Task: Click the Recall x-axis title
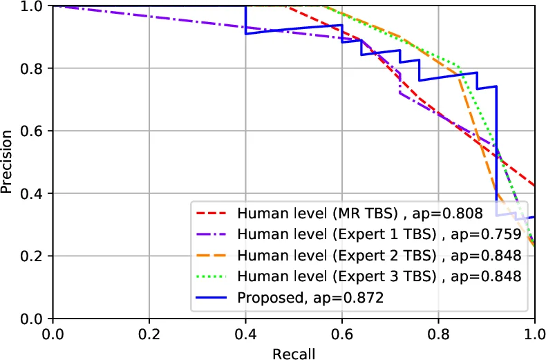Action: (x=293, y=353)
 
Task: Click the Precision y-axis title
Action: (x=8, y=162)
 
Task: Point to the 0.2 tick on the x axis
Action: (x=149, y=334)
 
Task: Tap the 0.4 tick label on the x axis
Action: (x=245, y=334)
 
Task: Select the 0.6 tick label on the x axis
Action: (x=341, y=334)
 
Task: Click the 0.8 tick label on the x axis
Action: (x=438, y=334)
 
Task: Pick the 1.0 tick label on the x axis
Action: (x=534, y=334)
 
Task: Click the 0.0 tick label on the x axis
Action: (x=53, y=334)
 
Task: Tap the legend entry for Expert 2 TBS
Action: (x=379, y=256)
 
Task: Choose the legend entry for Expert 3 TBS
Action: (x=379, y=276)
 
